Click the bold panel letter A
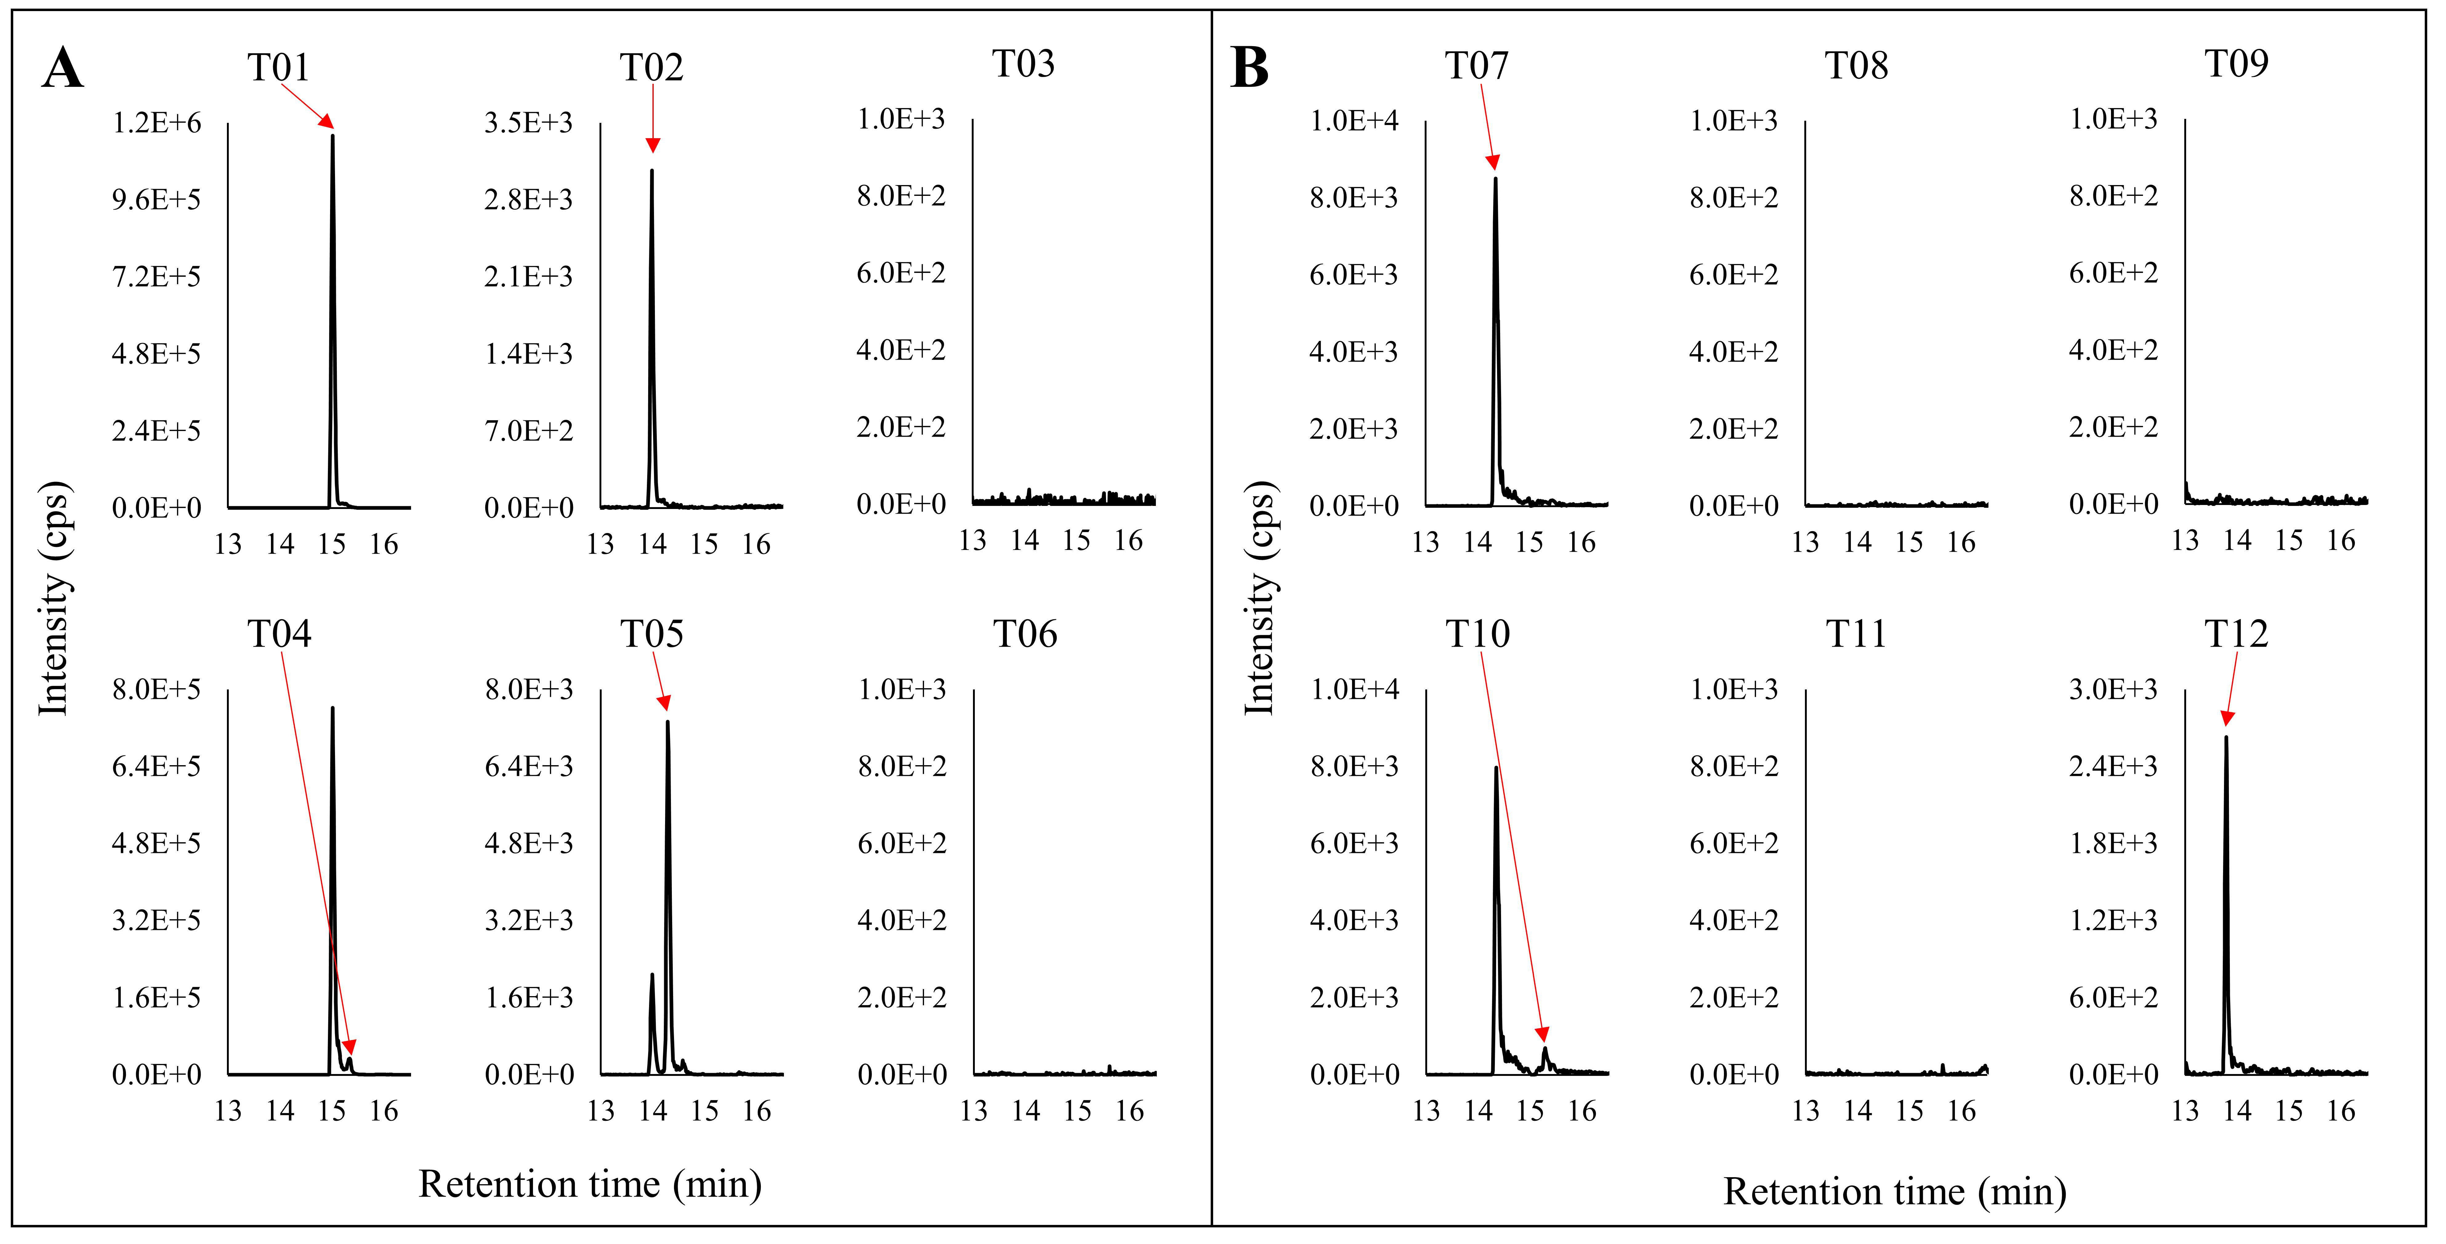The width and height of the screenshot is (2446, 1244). tap(63, 68)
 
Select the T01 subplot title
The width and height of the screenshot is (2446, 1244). tap(278, 67)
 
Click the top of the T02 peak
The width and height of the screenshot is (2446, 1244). tap(652, 171)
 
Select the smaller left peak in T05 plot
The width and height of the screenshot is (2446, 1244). tap(652, 975)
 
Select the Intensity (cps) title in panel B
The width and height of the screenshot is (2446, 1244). tap(1259, 598)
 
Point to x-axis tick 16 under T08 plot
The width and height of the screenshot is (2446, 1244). tap(1961, 542)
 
